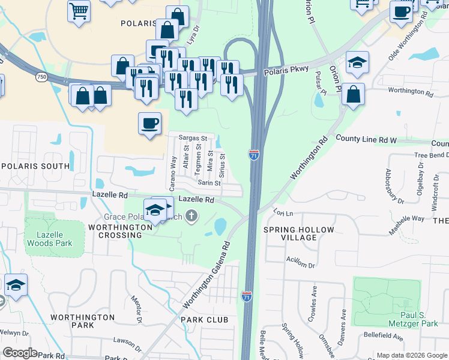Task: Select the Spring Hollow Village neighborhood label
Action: click(x=290, y=233)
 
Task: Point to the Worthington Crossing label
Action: click(x=120, y=232)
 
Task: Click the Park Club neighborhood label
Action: click(x=206, y=319)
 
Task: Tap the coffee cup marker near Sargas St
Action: click(x=150, y=124)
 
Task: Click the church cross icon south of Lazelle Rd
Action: click(x=191, y=215)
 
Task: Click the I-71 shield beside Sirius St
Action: click(x=254, y=155)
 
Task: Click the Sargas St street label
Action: click(x=193, y=138)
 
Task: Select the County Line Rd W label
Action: click(x=366, y=139)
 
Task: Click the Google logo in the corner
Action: click(x=19, y=353)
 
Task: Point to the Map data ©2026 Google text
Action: click(x=411, y=355)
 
